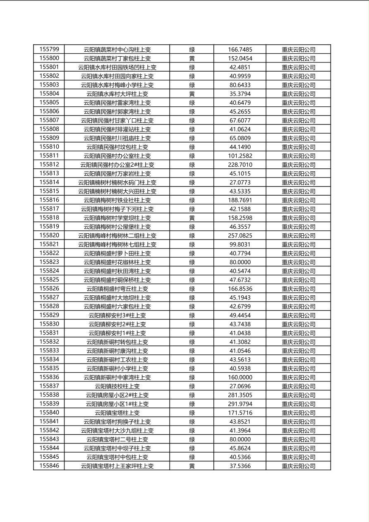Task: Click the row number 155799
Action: click(49, 50)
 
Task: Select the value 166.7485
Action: click(240, 50)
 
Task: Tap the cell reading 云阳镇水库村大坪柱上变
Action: click(117, 94)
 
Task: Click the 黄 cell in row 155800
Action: click(192, 58)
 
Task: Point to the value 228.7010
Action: click(240, 165)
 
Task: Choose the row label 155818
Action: click(49, 218)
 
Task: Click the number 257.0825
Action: click(240, 235)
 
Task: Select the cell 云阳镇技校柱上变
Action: click(117, 386)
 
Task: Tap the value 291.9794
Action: click(240, 404)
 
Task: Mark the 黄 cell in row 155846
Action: click(192, 466)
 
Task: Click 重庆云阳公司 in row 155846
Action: click(298, 466)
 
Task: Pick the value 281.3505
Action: click(240, 395)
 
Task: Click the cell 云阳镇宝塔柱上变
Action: click(117, 413)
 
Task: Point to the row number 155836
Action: click(49, 377)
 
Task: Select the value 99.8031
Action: click(240, 244)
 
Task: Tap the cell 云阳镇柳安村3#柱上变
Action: click(117, 315)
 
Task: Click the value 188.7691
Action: click(240, 200)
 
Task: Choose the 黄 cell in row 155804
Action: click(192, 94)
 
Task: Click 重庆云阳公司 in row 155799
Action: click(298, 50)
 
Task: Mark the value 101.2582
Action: click(240, 156)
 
